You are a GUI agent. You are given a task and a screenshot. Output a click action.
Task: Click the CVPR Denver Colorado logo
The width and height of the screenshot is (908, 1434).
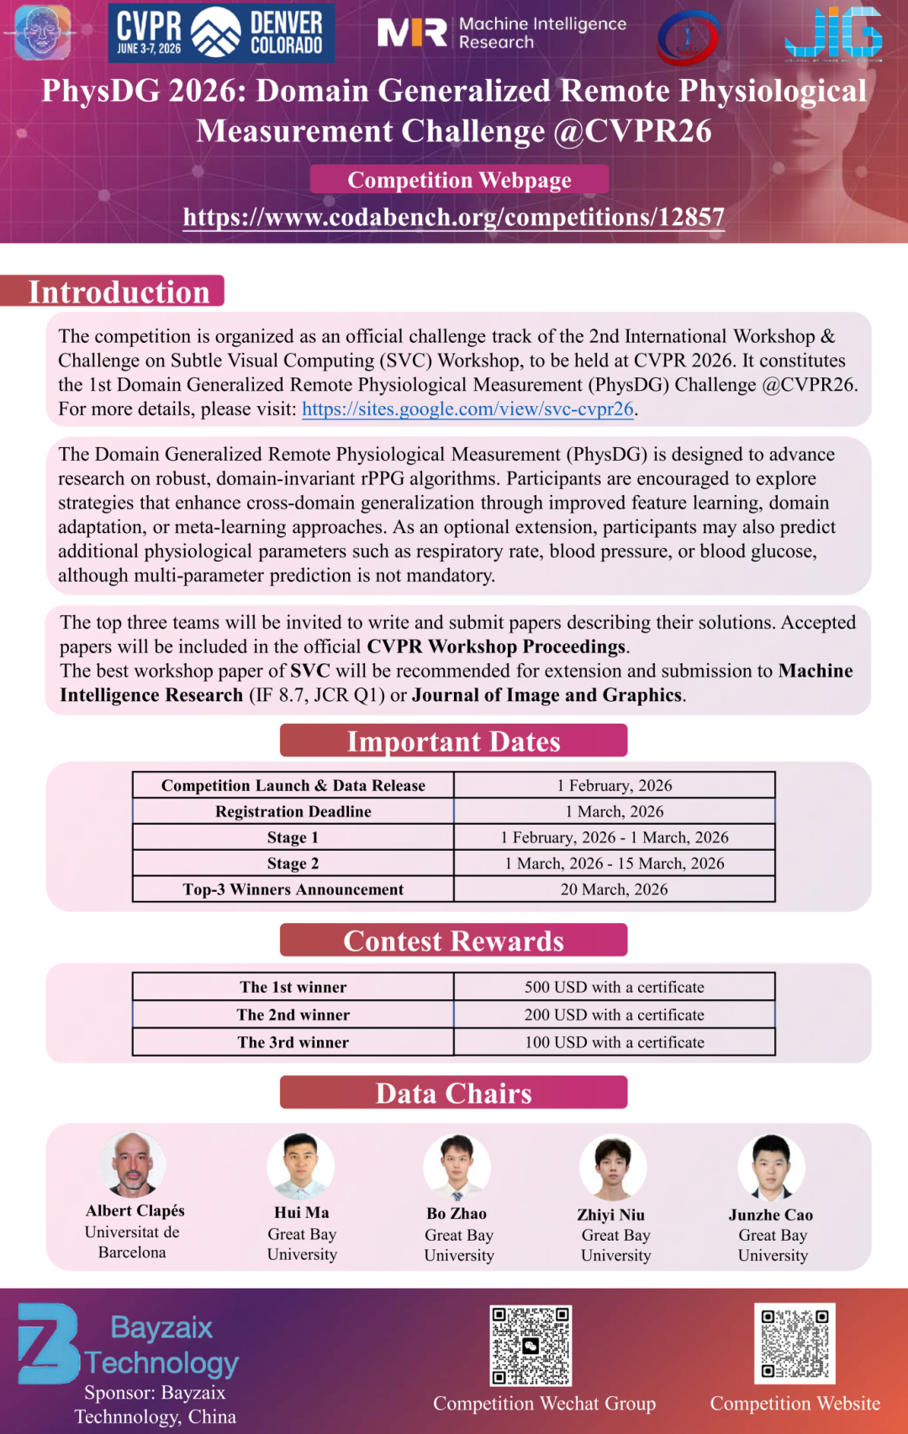(221, 33)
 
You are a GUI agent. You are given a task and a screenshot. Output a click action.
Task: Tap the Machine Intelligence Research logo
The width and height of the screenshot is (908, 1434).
(502, 33)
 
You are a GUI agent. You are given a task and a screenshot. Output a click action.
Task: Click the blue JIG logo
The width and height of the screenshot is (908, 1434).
(832, 34)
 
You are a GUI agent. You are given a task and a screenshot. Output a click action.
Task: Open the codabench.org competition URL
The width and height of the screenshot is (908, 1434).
(454, 217)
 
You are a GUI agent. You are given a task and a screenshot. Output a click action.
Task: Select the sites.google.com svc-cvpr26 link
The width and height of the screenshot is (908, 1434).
(467, 409)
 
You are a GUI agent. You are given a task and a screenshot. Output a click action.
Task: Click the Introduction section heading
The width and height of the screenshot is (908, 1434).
(119, 292)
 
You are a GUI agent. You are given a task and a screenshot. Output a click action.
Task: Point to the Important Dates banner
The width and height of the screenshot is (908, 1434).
(453, 741)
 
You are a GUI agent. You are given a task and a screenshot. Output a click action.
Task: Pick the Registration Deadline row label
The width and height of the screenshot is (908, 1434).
(293, 811)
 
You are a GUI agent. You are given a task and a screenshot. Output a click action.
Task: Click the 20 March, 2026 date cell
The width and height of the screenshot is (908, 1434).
(614, 889)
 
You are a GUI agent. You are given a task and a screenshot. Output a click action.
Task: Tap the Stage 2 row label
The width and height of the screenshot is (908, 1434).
(293, 863)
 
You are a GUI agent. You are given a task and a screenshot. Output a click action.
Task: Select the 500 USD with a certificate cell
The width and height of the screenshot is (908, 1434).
(614, 987)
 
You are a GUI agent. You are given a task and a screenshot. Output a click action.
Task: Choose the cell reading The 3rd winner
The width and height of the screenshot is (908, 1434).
(293, 1042)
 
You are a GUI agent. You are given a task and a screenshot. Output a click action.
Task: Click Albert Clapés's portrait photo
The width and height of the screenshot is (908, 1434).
(132, 1164)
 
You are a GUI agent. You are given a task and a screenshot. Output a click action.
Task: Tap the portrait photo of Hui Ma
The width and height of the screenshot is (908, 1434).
(300, 1166)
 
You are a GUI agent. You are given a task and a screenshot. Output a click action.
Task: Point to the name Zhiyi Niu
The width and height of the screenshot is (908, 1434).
(610, 1215)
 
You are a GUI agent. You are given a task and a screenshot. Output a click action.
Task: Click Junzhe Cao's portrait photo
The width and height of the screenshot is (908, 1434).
(771, 1167)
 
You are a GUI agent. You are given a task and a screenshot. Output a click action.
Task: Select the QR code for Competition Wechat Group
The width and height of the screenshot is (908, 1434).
(531, 1345)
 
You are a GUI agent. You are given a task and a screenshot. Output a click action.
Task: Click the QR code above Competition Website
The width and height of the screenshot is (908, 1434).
(794, 1342)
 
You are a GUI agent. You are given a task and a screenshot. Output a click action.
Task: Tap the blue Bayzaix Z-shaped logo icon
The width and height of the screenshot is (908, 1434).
(48, 1343)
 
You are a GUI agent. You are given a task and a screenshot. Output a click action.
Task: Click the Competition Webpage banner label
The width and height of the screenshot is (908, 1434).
(459, 180)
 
